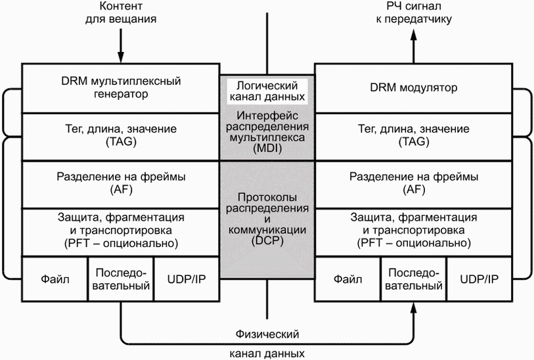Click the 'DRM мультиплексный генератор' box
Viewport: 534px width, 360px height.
click(x=120, y=88)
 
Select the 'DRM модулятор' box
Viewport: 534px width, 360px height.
click(x=414, y=88)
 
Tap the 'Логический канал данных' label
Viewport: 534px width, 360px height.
click(x=266, y=91)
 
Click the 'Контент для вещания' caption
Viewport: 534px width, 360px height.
click(x=121, y=13)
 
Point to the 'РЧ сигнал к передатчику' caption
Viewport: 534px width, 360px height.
click(x=414, y=13)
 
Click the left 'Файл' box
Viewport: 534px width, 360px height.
click(x=55, y=279)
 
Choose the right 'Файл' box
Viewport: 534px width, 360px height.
click(x=348, y=279)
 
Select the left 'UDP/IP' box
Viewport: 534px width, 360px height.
click(x=186, y=279)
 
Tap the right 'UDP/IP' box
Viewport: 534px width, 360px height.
click(x=479, y=279)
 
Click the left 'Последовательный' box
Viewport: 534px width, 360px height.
click(x=121, y=279)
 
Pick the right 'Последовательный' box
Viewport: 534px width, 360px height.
click(x=414, y=279)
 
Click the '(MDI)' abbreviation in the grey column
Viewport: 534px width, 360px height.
click(x=266, y=149)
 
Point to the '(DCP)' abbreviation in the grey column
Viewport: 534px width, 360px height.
click(x=266, y=240)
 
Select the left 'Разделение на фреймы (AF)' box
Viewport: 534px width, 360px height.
click(x=120, y=184)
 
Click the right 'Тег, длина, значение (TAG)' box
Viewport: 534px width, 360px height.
click(x=414, y=135)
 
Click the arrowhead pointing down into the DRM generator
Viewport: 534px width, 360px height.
click(x=121, y=57)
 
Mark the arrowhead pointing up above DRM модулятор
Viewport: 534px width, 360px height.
click(x=414, y=37)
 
